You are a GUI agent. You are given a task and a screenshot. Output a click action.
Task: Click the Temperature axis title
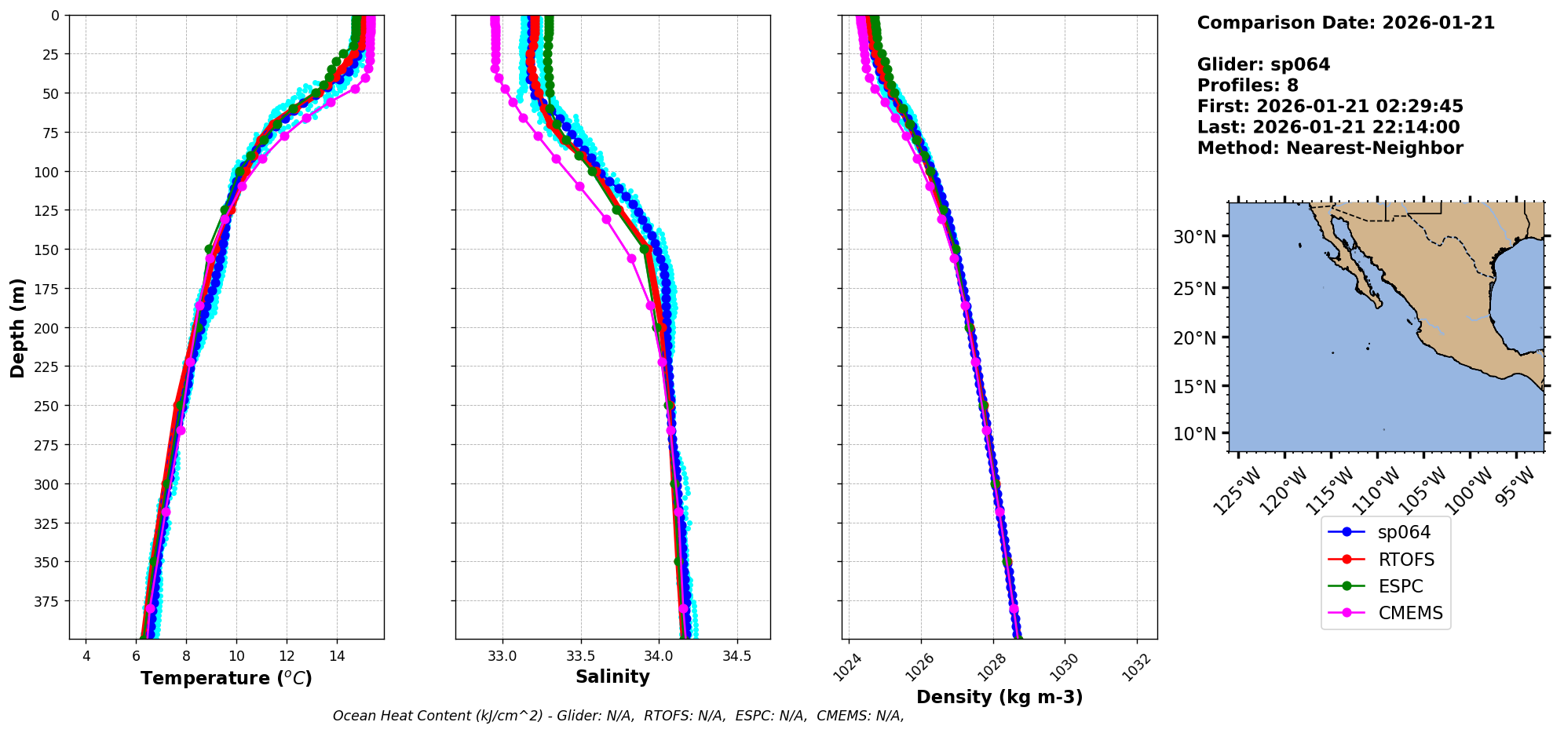226,678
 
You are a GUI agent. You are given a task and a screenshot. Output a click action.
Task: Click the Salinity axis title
612,676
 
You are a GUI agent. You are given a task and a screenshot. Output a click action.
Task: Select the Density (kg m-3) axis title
999,697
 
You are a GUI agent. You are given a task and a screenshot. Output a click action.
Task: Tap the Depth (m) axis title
17,327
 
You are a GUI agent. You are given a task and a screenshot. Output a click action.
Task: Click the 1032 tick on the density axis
1135,668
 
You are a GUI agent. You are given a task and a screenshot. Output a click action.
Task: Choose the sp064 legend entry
1404,532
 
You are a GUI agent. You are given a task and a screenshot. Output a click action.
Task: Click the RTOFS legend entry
1405,560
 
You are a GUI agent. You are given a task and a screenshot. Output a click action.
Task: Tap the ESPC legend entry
1400,586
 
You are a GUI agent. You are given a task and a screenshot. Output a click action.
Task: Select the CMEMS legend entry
1410,614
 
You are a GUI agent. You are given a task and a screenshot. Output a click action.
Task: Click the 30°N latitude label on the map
1194,237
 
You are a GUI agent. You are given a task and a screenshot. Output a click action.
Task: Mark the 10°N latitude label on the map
1194,434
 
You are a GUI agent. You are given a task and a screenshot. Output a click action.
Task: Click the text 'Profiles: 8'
1248,86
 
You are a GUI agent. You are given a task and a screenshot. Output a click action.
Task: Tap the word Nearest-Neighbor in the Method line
1374,148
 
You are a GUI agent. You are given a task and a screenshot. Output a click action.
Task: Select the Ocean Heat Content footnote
618,716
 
